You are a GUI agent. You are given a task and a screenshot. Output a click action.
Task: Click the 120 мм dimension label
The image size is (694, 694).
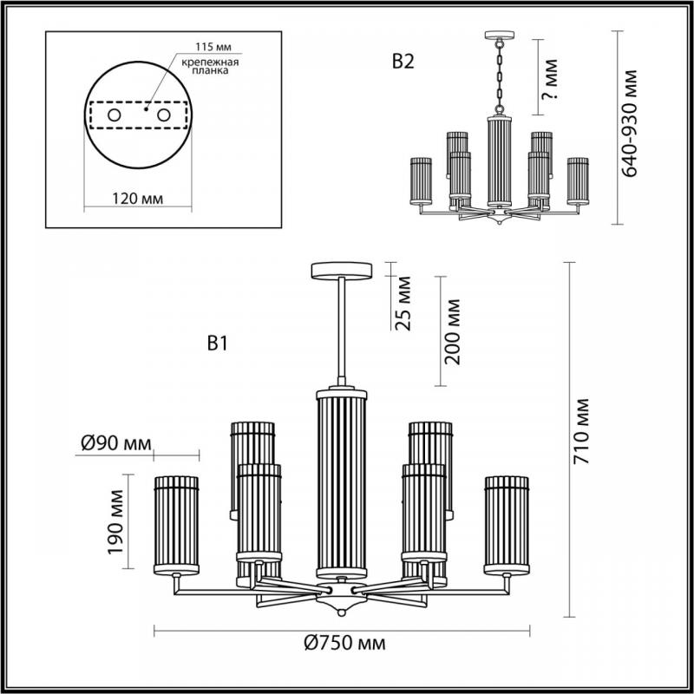137,199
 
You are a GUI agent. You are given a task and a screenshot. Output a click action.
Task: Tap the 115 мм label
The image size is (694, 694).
213,47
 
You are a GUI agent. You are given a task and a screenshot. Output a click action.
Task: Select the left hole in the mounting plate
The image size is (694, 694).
115,115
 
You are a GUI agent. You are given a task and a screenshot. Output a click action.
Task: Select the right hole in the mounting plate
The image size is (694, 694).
164,115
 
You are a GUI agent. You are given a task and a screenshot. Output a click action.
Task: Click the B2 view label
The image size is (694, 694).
403,62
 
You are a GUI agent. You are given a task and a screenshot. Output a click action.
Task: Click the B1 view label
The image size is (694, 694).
218,343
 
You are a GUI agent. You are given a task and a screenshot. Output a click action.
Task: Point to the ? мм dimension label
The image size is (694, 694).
550,79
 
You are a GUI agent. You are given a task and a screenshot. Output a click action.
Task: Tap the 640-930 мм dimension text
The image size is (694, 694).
629,123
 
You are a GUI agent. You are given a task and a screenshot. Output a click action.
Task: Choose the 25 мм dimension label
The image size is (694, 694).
403,303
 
